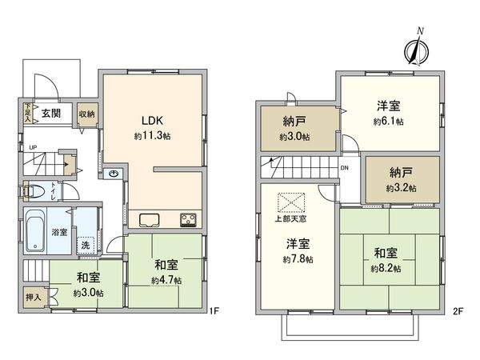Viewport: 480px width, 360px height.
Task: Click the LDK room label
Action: coord(153,121)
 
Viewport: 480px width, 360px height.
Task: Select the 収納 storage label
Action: coord(86,114)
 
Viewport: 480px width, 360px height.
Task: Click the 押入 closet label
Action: coord(31,296)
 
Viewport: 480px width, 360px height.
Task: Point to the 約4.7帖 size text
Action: coord(166,281)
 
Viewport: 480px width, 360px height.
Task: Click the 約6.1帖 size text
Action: coord(388,122)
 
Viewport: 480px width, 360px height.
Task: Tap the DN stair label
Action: coord(344,169)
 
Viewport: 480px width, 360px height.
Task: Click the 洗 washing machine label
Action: coord(86,244)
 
